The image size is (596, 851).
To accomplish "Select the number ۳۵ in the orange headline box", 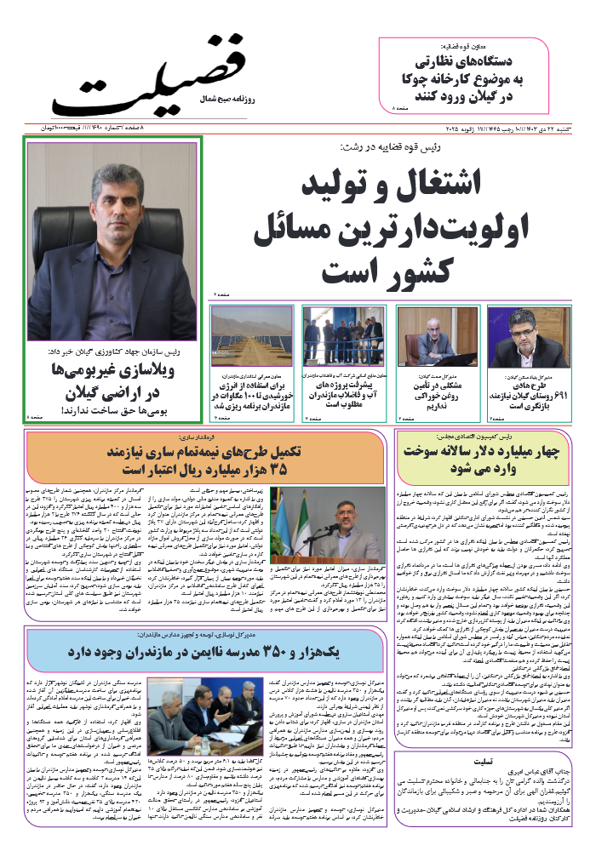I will point(290,469).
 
